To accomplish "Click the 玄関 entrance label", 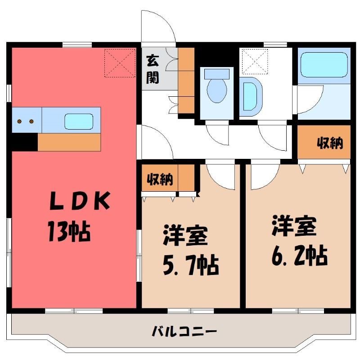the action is pyautogui.click(x=153, y=69).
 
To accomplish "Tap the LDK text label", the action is pyautogui.click(x=80, y=200).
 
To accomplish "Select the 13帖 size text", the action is pyautogui.click(x=69, y=231).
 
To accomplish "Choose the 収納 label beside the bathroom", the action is pyautogui.click(x=330, y=143).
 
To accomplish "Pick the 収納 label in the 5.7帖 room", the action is pyautogui.click(x=160, y=179).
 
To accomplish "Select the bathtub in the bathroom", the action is pyautogui.click(x=324, y=65).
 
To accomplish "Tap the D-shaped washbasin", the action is pyautogui.click(x=251, y=96).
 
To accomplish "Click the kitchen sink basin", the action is pyautogui.click(x=79, y=121).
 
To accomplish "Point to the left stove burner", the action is pyautogui.click(x=19, y=121).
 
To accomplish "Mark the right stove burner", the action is pyautogui.click(x=31, y=121).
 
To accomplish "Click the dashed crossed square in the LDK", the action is pyautogui.click(x=120, y=63).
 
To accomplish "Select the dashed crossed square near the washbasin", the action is pyautogui.click(x=255, y=62).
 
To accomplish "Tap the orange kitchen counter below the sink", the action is pyautogui.click(x=69, y=142).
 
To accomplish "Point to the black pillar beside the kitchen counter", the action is pyautogui.click(x=25, y=142).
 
